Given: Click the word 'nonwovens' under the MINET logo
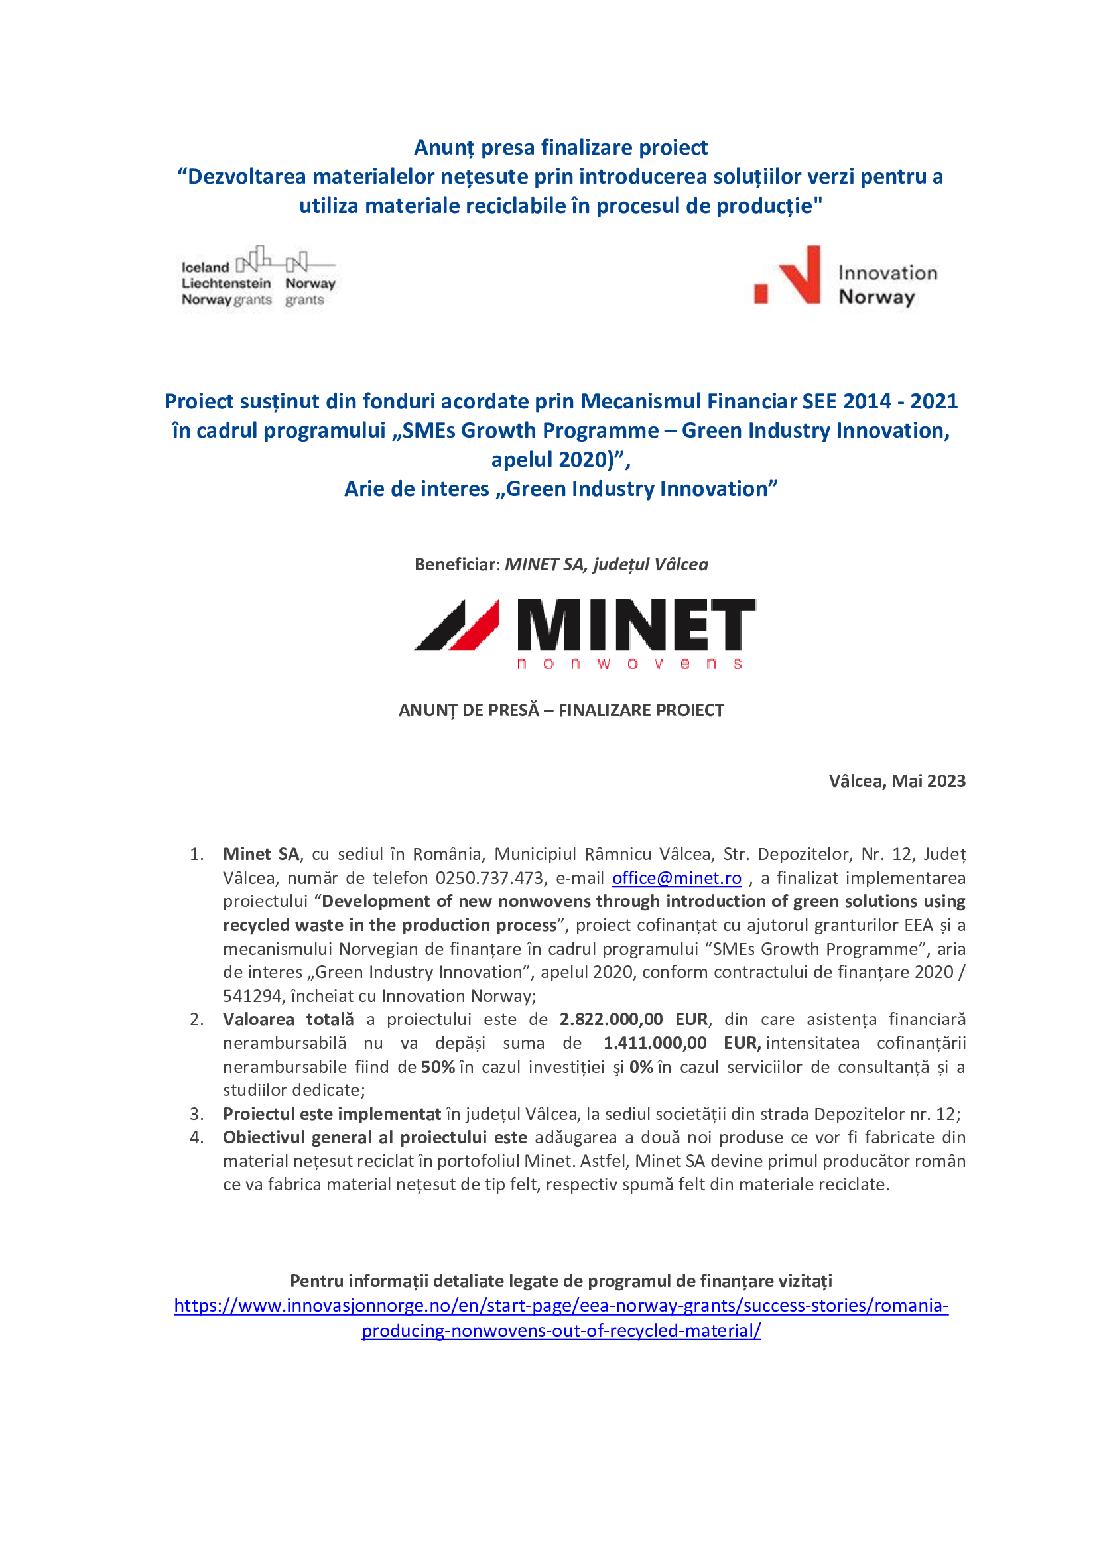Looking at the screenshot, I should tap(629, 664).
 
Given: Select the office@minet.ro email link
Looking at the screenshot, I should tap(676, 877).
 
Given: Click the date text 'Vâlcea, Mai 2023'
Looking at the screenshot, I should tap(897, 781).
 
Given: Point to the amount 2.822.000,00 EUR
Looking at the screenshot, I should tap(633, 1019).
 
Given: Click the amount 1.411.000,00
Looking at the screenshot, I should tap(655, 1042).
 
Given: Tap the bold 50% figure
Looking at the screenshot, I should tap(438, 1067).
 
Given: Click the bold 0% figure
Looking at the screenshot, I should tap(641, 1067).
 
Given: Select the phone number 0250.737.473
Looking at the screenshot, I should tap(489, 877).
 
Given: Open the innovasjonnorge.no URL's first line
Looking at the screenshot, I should tap(560, 1305).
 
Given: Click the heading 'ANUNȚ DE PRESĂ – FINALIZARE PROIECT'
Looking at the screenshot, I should tap(560, 710).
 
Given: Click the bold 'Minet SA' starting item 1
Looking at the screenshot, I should tap(261, 854).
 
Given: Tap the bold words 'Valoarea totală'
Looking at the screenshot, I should tap(288, 1019).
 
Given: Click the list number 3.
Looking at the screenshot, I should tap(196, 1113).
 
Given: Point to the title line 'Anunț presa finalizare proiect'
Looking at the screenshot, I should tap(560, 147).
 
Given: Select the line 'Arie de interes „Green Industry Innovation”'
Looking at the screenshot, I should tap(560, 489).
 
